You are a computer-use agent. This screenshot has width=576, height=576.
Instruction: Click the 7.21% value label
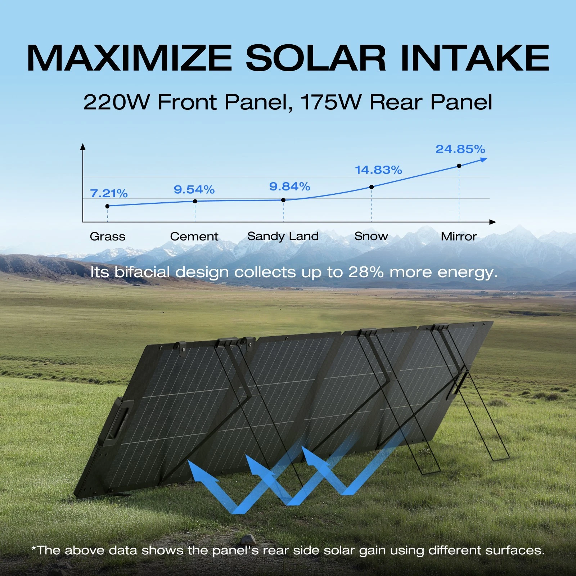109,193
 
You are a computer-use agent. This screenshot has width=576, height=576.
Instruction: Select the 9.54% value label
194,189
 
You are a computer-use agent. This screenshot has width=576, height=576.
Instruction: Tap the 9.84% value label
290,186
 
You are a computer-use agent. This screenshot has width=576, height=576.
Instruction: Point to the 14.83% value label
378,170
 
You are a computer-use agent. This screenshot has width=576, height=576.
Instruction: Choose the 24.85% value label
460,149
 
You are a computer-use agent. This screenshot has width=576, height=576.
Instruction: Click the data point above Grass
107,206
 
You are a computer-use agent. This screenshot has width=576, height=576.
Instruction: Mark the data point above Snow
372,187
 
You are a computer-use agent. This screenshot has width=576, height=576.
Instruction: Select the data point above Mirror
459,166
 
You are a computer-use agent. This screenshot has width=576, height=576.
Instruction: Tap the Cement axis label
194,237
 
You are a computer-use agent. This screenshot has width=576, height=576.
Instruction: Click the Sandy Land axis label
283,237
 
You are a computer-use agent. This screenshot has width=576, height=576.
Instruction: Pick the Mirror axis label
459,237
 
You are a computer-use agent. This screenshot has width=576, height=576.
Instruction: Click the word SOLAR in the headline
316,58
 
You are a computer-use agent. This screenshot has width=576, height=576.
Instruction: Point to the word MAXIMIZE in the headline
130,58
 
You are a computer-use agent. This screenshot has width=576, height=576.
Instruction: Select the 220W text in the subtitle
116,102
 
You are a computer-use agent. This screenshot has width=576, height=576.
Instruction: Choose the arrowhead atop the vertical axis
83,147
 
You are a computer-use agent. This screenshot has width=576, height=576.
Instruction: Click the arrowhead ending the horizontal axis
493,222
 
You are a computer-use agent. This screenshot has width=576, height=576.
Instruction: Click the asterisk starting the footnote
34,548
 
